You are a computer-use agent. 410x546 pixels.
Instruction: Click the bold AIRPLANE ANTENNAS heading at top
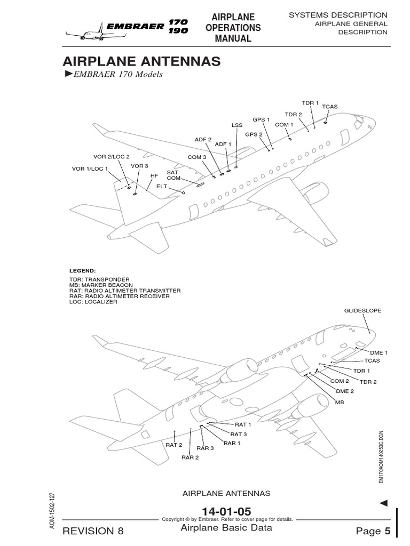[x=141, y=61]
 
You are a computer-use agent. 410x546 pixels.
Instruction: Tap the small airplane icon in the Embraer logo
[x=83, y=34]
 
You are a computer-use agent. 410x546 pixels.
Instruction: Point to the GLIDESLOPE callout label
[x=363, y=310]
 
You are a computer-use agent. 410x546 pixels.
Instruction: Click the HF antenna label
[x=154, y=175]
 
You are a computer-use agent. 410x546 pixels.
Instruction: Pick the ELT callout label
[x=162, y=187]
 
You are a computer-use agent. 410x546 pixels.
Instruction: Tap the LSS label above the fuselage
[x=236, y=125]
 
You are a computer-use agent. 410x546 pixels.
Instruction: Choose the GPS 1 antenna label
[x=261, y=120]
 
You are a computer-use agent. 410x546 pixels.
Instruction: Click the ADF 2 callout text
[x=203, y=140]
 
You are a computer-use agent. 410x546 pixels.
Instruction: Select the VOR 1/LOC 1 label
[x=90, y=169]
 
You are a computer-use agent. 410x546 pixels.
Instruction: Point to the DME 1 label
[x=379, y=352]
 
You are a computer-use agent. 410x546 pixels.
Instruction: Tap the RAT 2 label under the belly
[x=174, y=445]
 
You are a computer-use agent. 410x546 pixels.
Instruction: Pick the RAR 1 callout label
[x=232, y=443]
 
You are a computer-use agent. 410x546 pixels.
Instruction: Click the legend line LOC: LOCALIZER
[x=93, y=302]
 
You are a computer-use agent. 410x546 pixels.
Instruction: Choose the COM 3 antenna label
[x=196, y=157]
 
